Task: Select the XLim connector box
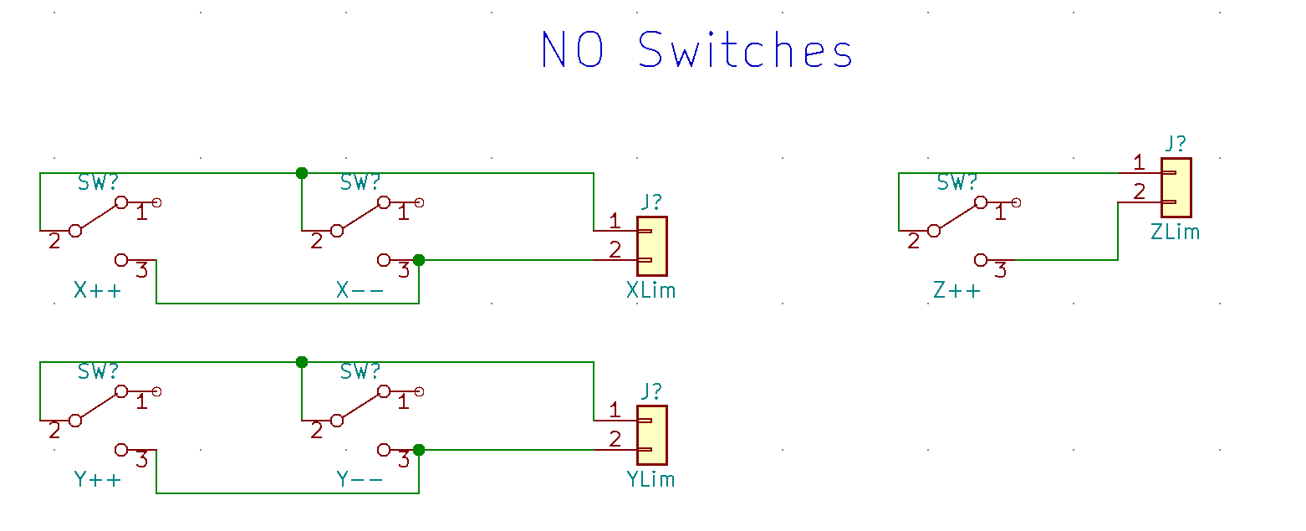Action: (651, 246)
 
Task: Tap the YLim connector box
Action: (651, 435)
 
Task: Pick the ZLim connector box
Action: (1176, 187)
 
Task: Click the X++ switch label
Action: (97, 291)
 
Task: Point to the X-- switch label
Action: (360, 291)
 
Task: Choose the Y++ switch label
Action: (97, 480)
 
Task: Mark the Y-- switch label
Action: (360, 480)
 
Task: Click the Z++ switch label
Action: (957, 291)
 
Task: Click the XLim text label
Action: (650, 291)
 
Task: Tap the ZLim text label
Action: (1175, 232)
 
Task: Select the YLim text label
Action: (650, 480)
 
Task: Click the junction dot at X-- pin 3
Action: (419, 260)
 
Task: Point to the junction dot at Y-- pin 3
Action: (419, 450)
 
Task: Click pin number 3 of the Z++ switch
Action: (1000, 270)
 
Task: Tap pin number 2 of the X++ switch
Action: (54, 242)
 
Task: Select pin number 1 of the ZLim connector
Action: (1138, 162)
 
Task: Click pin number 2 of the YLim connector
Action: (615, 439)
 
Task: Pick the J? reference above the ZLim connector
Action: (1175, 143)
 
